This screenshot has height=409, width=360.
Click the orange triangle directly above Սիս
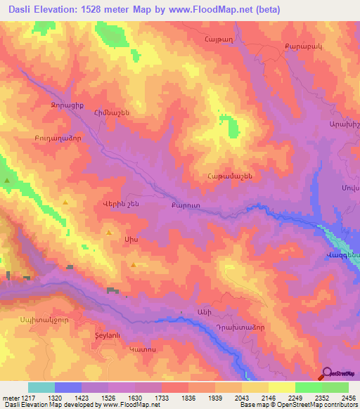pos(109,232)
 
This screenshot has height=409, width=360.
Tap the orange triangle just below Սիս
pos(134,264)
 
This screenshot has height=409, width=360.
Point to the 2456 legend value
pos(349,397)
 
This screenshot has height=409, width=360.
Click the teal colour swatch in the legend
pos(41,387)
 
